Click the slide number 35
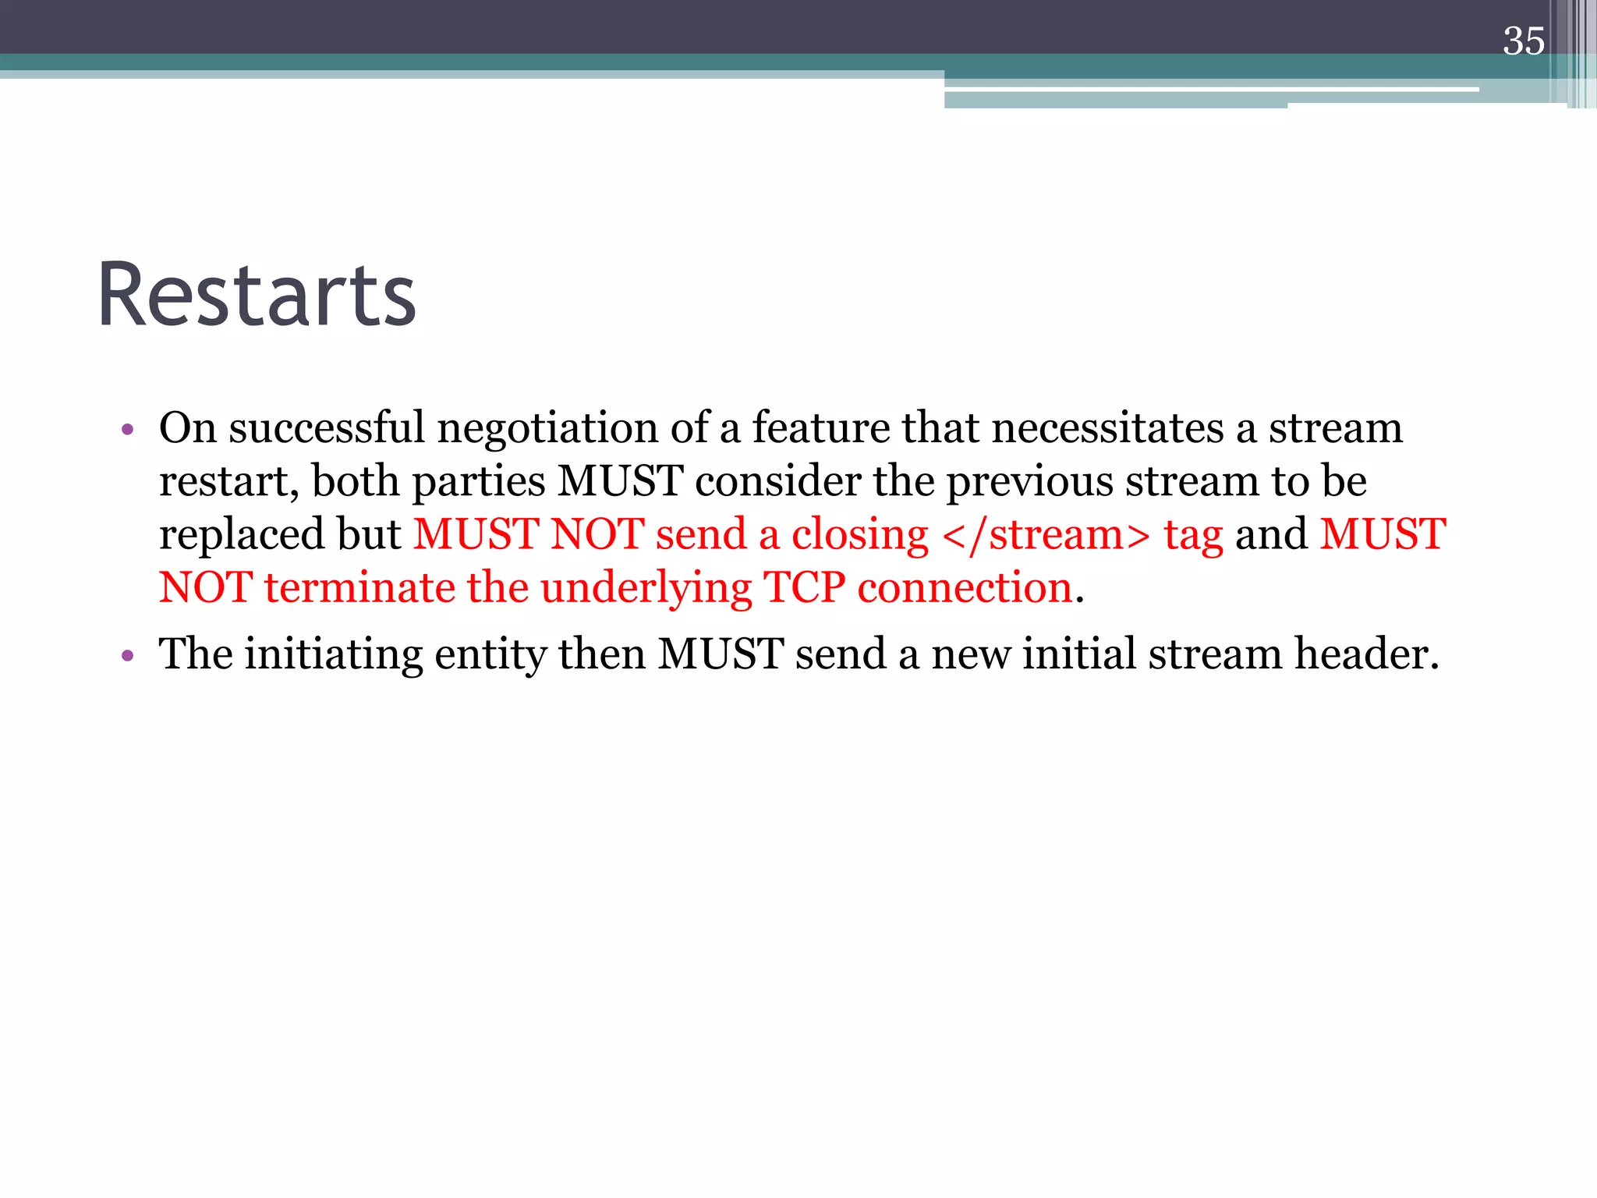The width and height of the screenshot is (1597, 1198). (x=1524, y=41)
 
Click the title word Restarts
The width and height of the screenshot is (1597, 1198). (x=257, y=296)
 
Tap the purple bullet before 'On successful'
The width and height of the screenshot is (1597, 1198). (x=128, y=430)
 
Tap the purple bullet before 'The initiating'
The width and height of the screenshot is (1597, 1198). (x=128, y=656)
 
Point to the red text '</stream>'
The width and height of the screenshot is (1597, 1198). (x=1046, y=534)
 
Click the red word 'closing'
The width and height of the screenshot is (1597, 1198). (x=859, y=536)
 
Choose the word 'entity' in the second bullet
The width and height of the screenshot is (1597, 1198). (x=490, y=655)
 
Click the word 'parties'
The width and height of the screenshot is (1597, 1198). (x=479, y=482)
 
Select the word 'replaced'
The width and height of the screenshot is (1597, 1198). (x=242, y=535)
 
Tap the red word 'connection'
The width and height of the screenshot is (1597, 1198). (x=965, y=587)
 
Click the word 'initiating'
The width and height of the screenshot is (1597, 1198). (x=333, y=655)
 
